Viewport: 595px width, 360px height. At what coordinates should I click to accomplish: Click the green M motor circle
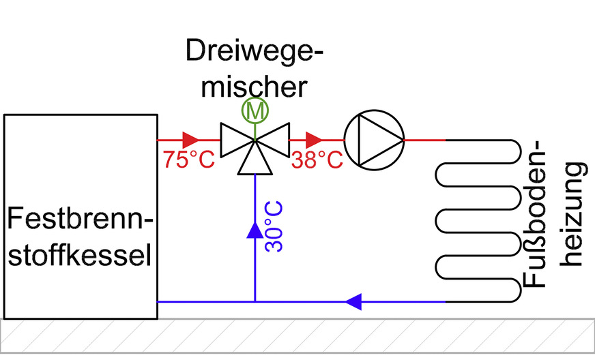click(x=255, y=110)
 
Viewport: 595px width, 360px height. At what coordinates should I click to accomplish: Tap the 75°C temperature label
click(x=188, y=160)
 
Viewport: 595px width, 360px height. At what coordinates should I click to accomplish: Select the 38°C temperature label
click(x=317, y=160)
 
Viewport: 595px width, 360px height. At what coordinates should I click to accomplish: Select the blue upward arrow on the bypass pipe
click(x=255, y=230)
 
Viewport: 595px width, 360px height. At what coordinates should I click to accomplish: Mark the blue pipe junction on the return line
click(x=255, y=301)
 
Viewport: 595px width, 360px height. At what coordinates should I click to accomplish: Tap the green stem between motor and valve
click(x=255, y=128)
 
